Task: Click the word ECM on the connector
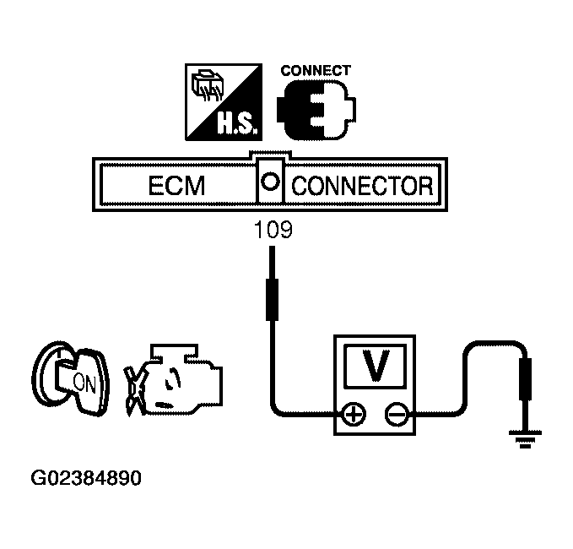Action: coord(176,185)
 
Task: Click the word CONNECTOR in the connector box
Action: coord(361,185)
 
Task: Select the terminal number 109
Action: coord(273,230)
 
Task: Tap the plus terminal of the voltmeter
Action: coord(354,415)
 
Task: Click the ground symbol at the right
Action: coord(525,437)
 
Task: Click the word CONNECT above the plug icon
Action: coord(315,71)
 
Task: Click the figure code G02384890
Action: coord(85,478)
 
